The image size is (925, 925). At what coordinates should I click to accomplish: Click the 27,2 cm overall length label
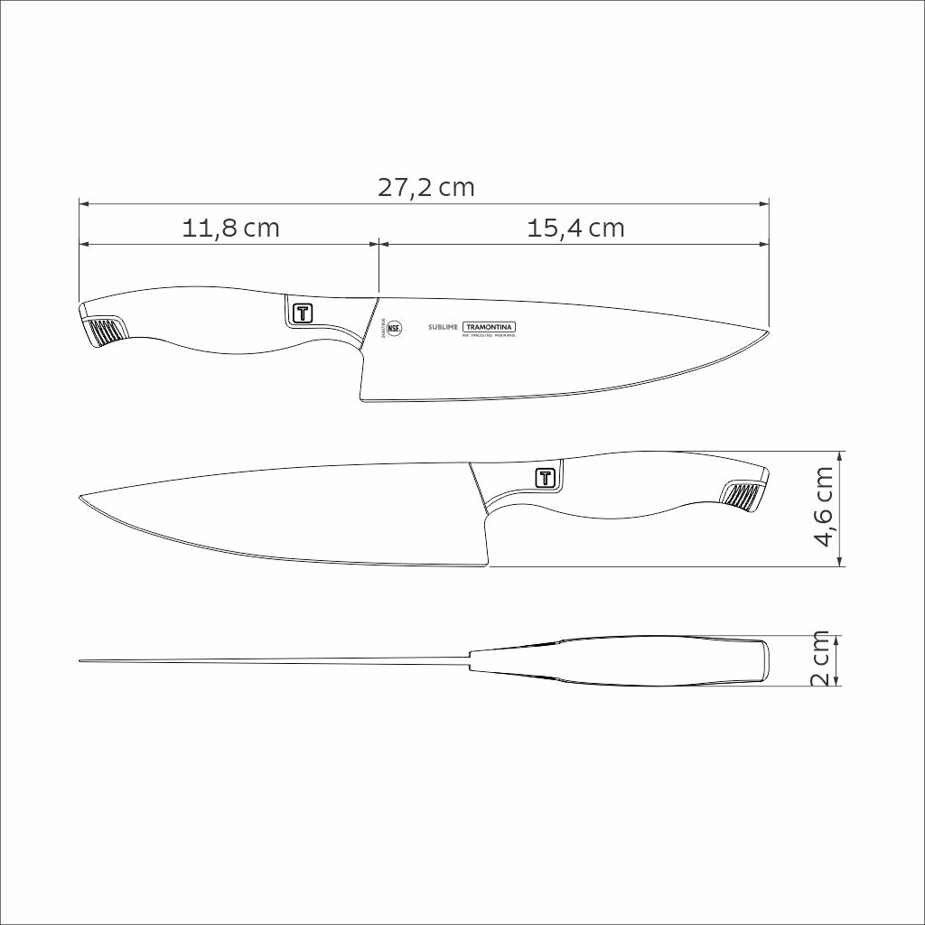(425, 188)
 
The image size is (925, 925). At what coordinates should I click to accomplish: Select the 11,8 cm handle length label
(231, 228)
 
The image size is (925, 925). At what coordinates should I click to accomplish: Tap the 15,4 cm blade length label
(575, 228)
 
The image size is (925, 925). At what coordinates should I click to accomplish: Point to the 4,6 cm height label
(823, 508)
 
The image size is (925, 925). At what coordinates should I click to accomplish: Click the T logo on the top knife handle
(302, 312)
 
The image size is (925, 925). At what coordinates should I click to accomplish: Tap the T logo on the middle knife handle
(547, 477)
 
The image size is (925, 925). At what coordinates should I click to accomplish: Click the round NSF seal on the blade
(394, 329)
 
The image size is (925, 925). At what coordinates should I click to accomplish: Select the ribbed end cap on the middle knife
(744, 496)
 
